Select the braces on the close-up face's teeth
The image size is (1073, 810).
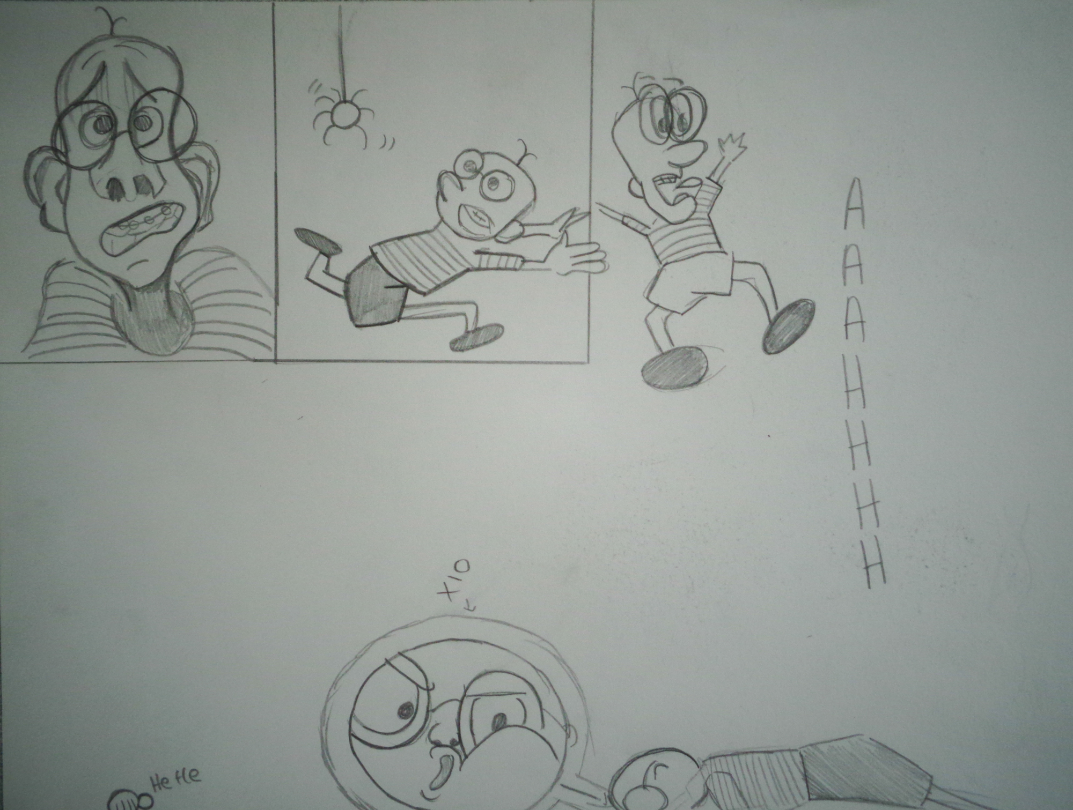point(137,225)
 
